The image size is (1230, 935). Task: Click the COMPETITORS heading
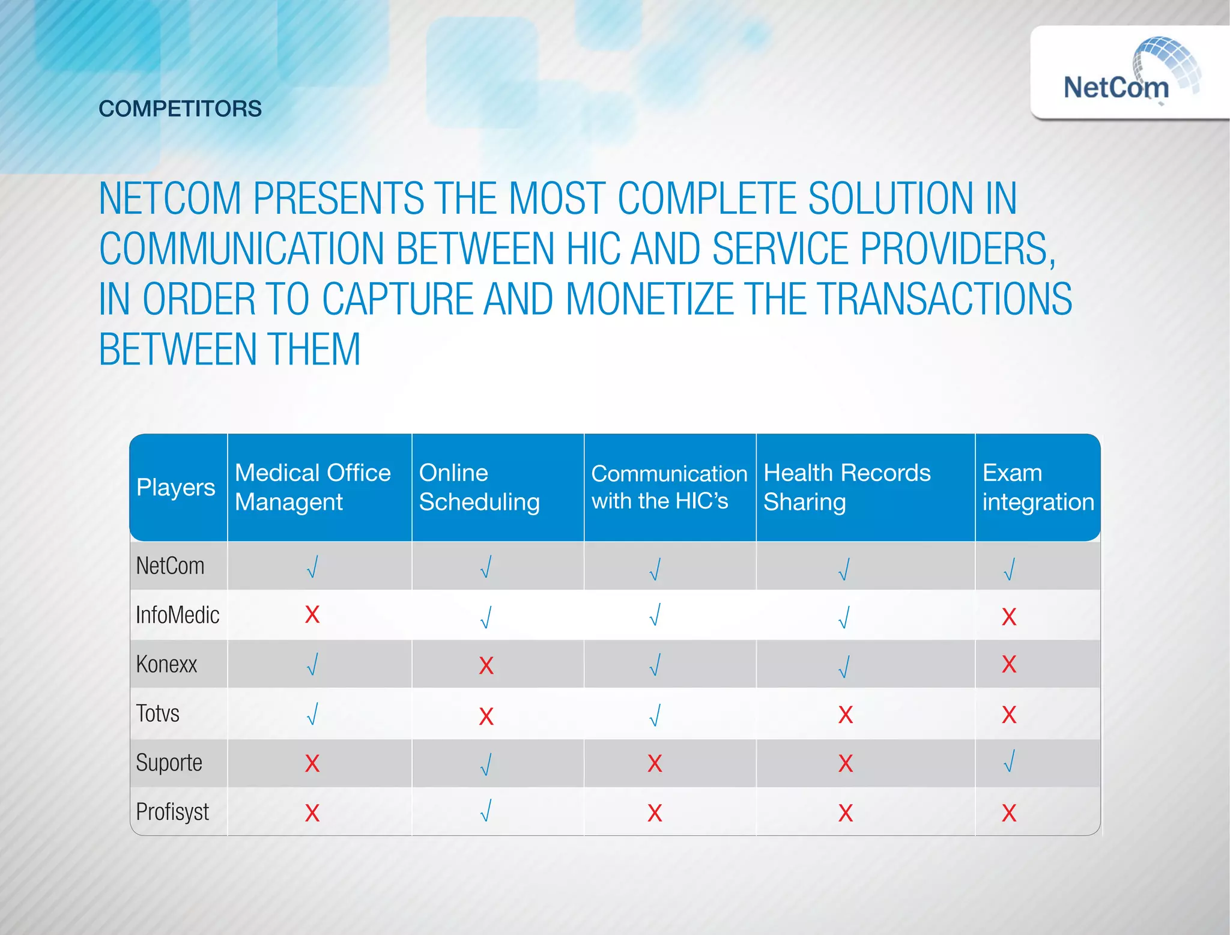[x=180, y=109]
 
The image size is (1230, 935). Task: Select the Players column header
[x=175, y=488]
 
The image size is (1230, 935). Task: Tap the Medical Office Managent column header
[x=312, y=488]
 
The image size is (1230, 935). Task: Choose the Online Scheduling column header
[x=479, y=488]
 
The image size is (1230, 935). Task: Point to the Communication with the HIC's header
[x=668, y=488]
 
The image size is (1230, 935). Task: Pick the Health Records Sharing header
[x=846, y=488]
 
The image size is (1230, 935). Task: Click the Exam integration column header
[x=1037, y=488]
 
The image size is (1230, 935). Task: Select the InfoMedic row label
[x=177, y=616]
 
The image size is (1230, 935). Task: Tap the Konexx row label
[x=166, y=665]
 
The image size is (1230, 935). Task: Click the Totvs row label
[x=157, y=714]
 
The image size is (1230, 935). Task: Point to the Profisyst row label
[x=172, y=812]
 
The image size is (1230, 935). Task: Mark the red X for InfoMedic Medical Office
[x=312, y=615]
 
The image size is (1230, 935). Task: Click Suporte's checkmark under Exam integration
[x=1010, y=761]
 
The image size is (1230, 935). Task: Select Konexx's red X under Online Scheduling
[x=486, y=665]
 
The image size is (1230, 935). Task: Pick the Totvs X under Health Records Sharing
[x=845, y=715]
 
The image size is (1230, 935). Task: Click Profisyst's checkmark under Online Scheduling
[x=486, y=811]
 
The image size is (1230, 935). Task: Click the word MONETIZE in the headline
[x=649, y=299]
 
